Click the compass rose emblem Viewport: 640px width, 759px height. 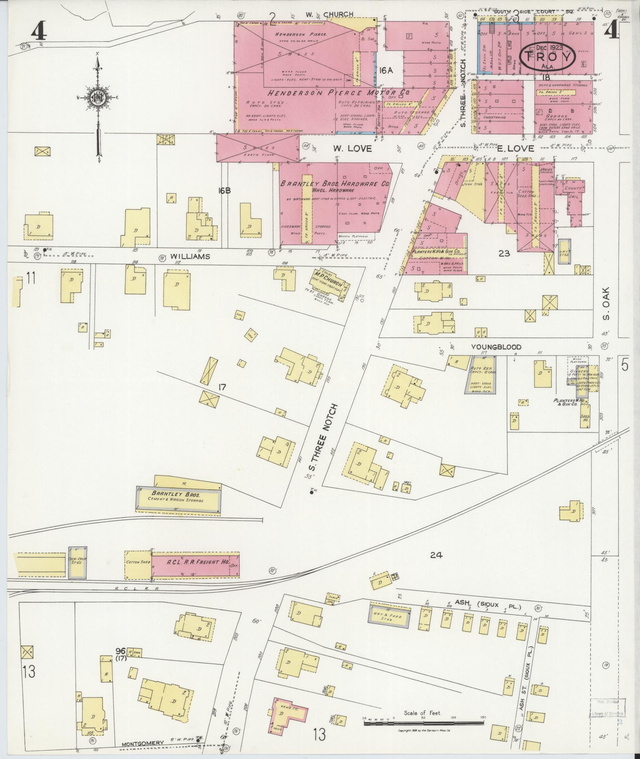(97, 97)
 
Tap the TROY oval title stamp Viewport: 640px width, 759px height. (548, 58)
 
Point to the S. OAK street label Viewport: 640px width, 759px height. (605, 304)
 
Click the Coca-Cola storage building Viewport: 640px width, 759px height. (77, 563)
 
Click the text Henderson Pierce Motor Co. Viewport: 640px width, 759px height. (338, 92)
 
